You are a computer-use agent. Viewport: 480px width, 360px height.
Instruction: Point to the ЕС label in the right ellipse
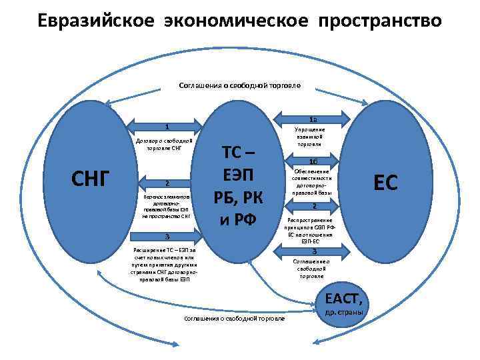click(385, 181)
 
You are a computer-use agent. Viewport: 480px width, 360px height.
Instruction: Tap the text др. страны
click(343, 312)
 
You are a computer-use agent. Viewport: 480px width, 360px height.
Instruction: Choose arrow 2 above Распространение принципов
click(313, 206)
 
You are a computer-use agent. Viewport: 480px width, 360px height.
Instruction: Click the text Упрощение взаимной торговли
click(309, 136)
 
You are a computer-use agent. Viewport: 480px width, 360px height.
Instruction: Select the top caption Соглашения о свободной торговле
click(240, 85)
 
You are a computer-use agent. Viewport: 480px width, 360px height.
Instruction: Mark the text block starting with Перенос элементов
click(167, 207)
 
